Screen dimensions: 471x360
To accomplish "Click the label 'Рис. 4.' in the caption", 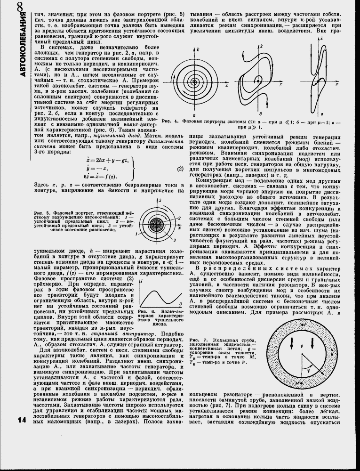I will tap(168, 122).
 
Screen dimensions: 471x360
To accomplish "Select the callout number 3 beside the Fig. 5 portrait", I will tap(175, 240).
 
